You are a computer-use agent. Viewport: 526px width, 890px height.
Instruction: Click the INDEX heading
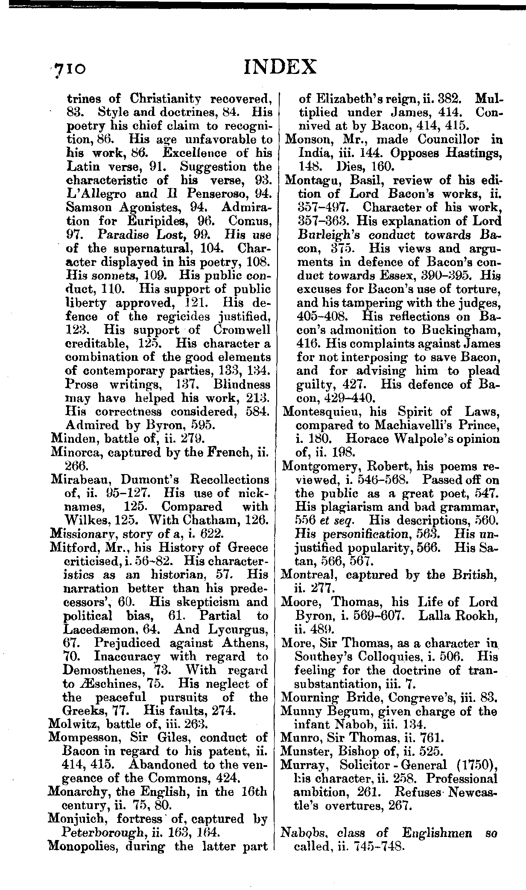pos(280,67)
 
